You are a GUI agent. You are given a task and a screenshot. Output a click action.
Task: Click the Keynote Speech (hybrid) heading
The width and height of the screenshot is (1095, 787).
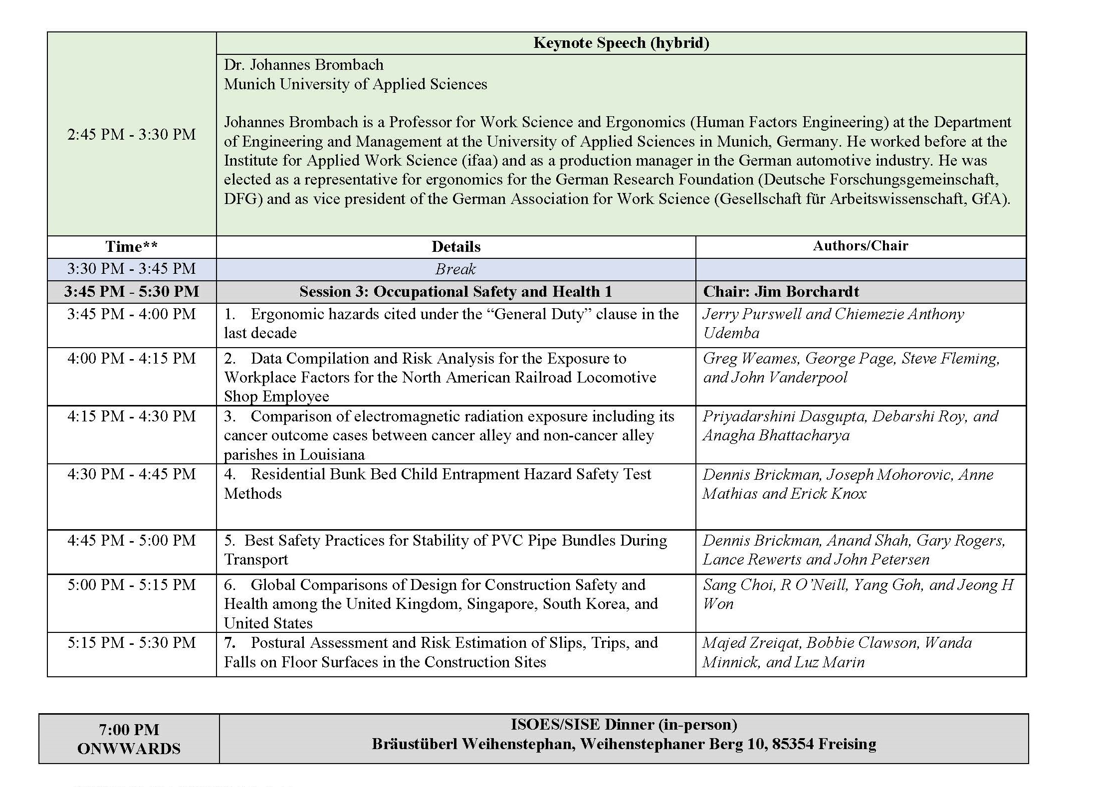pos(621,43)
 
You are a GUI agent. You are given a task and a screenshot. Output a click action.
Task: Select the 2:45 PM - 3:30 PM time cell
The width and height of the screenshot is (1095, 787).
pos(132,134)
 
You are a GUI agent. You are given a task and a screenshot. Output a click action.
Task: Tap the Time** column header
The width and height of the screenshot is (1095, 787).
pos(132,246)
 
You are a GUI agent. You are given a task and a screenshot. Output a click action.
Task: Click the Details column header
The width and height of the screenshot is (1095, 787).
pos(456,246)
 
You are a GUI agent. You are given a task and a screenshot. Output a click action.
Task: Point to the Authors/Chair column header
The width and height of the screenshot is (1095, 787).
pos(861,245)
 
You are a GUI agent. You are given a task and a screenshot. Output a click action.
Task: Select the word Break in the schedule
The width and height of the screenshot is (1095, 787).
pos(455,269)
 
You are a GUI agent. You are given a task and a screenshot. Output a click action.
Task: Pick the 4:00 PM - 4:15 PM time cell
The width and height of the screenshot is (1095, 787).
pos(132,358)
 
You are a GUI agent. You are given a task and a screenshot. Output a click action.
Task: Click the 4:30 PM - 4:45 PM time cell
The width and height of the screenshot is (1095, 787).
pos(132,474)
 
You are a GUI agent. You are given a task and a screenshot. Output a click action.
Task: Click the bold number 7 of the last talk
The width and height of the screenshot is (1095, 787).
pos(229,643)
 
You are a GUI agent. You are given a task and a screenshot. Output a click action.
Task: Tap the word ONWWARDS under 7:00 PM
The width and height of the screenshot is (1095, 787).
pos(129,749)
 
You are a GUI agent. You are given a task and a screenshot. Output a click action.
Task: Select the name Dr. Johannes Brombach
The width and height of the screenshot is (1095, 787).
pos(304,65)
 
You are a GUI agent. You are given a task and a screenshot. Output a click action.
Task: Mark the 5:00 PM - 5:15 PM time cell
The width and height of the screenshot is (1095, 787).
pos(132,585)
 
